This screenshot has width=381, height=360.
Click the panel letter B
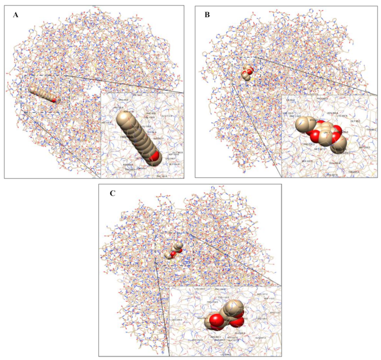click(x=207, y=14)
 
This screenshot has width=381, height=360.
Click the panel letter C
click(x=113, y=193)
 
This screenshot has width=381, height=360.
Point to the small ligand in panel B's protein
click(x=247, y=73)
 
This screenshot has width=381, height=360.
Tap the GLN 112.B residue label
click(x=166, y=116)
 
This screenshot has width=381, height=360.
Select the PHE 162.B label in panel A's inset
click(x=162, y=176)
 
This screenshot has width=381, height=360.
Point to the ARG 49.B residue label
click(x=123, y=101)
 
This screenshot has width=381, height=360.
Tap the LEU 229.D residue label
click(x=177, y=319)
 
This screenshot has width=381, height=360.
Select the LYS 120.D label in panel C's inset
click(x=200, y=289)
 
